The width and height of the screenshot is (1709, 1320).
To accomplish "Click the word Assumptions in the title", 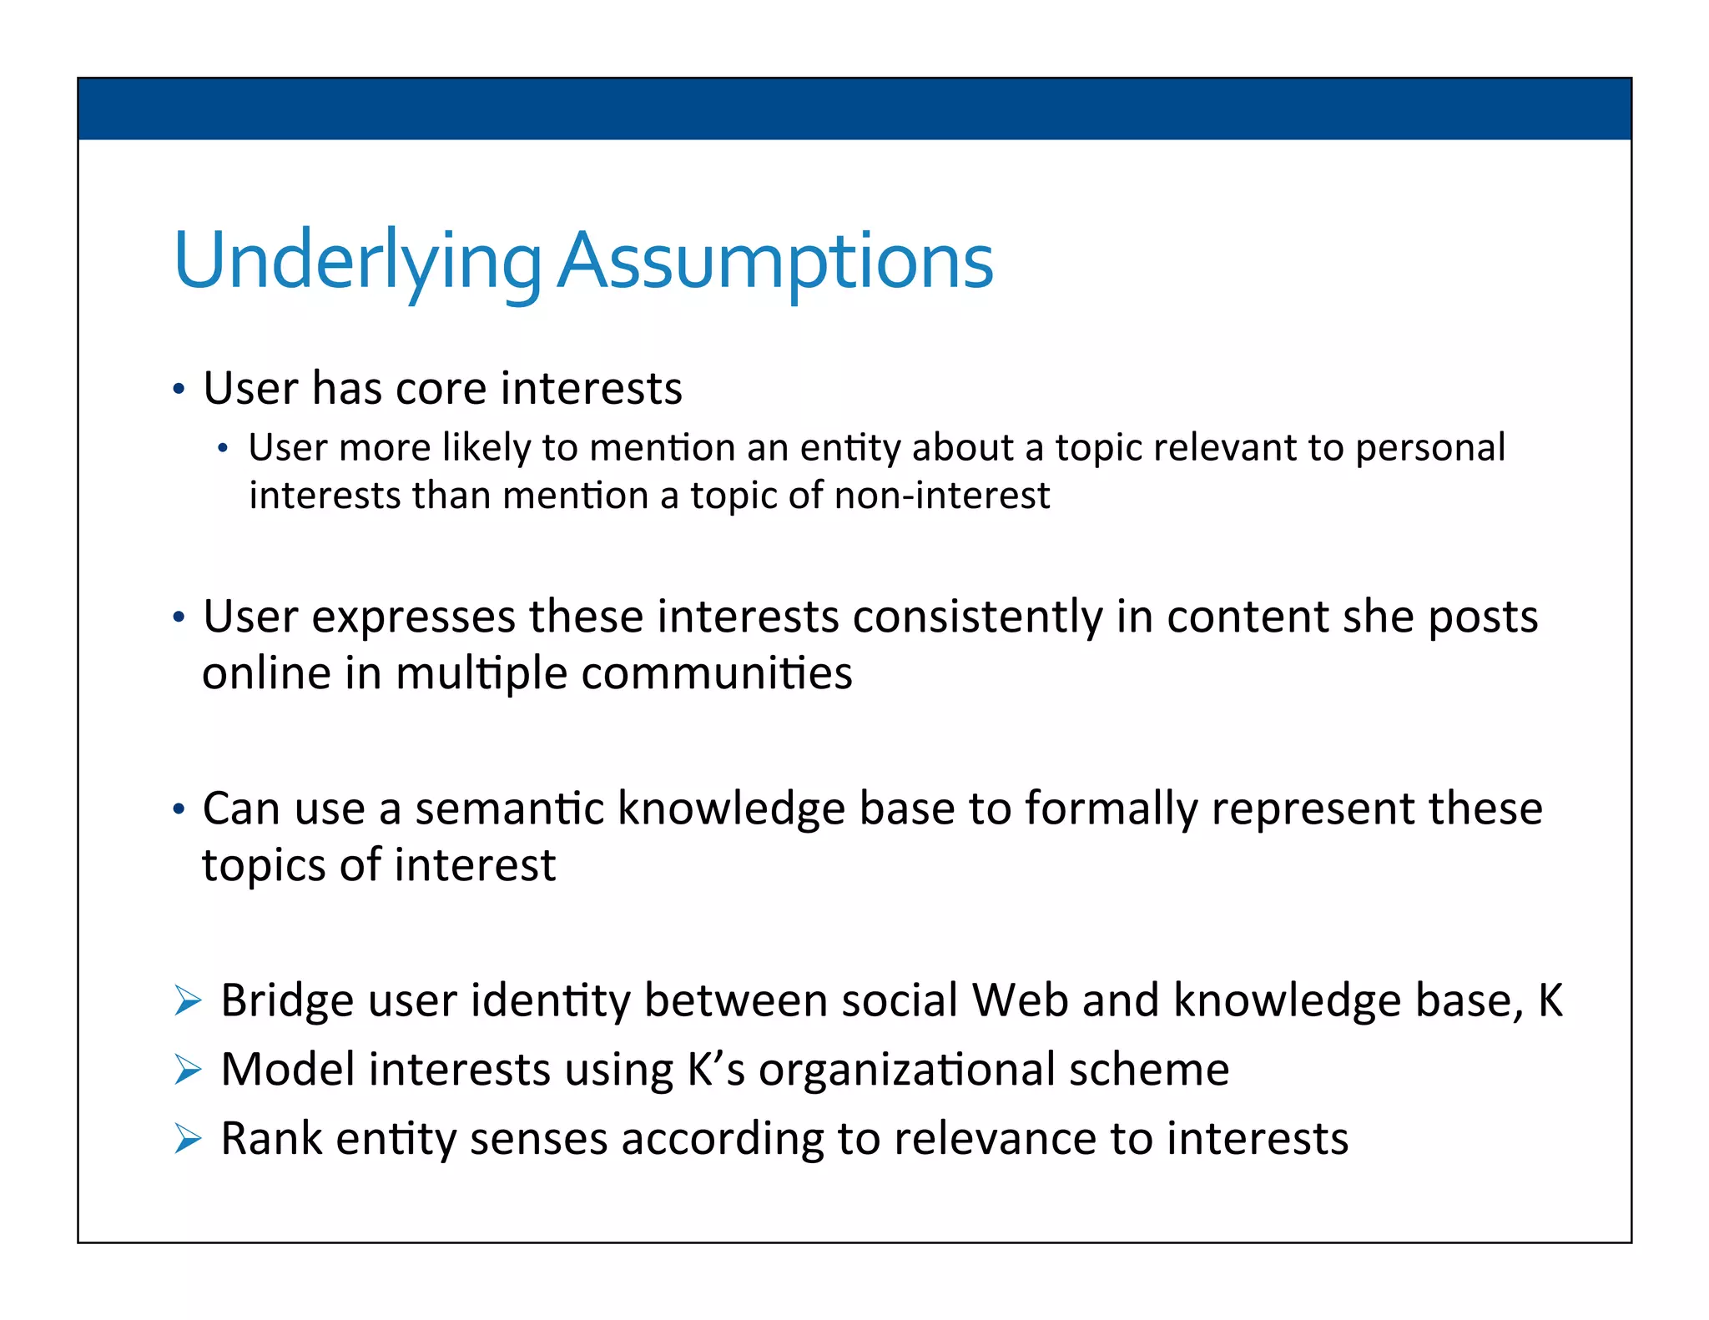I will click(x=775, y=262).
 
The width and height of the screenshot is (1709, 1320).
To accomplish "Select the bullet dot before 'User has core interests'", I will click(x=178, y=390).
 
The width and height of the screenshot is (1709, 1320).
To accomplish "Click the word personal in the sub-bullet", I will click(x=1429, y=448).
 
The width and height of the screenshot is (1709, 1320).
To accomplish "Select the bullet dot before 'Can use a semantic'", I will click(x=178, y=809).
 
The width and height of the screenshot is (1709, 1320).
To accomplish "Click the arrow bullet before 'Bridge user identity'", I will click(x=188, y=1000).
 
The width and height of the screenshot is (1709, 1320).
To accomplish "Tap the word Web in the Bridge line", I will click(x=1020, y=1000).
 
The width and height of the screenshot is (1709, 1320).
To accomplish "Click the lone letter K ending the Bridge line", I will click(x=1550, y=1000).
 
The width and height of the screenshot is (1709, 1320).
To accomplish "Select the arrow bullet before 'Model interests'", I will click(x=188, y=1070).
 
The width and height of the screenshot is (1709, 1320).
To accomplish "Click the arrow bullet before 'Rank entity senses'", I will click(x=188, y=1139).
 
